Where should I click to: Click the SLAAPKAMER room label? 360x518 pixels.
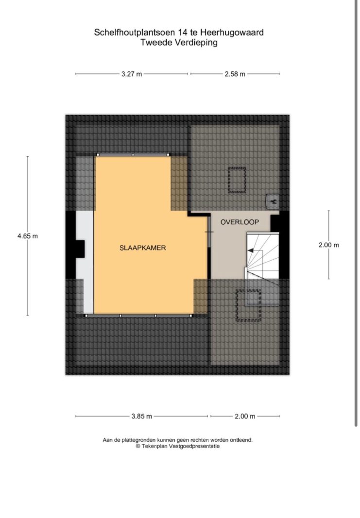point(142,248)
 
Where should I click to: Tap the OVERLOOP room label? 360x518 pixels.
point(240,222)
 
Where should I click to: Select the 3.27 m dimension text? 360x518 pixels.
point(132,74)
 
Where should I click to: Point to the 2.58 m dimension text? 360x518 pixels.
point(235,74)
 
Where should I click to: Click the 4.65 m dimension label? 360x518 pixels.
point(28,236)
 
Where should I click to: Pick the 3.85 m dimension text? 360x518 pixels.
point(142,416)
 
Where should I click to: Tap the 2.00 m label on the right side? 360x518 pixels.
point(329,245)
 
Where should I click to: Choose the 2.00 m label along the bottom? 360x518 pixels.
point(245,416)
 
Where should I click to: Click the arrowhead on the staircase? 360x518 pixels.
point(251,251)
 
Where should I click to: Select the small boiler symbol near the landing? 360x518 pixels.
point(273,201)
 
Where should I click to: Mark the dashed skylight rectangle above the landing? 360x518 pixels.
point(237,181)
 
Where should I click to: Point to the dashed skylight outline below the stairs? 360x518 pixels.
point(248,305)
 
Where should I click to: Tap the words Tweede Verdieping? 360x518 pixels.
point(179,42)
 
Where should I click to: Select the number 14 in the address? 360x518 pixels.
point(182,33)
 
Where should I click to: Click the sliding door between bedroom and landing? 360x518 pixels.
point(209,232)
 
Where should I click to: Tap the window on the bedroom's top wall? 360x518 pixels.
point(133,154)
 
